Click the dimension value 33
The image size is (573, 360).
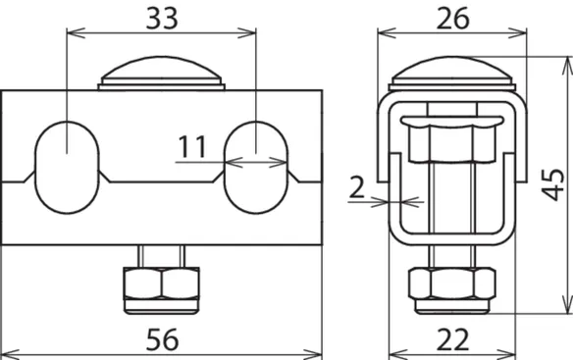pyautogui.click(x=162, y=19)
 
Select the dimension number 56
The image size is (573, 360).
pyautogui.click(x=162, y=340)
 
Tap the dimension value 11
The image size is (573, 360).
pyautogui.click(x=192, y=146)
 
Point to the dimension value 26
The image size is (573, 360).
pyautogui.click(x=452, y=19)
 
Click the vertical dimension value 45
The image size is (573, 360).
pyautogui.click(x=554, y=184)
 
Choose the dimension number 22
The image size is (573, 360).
pyautogui.click(x=452, y=340)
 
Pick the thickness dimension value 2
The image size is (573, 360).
pyautogui.click(x=357, y=187)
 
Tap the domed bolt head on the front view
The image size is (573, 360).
pyautogui.click(x=161, y=73)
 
